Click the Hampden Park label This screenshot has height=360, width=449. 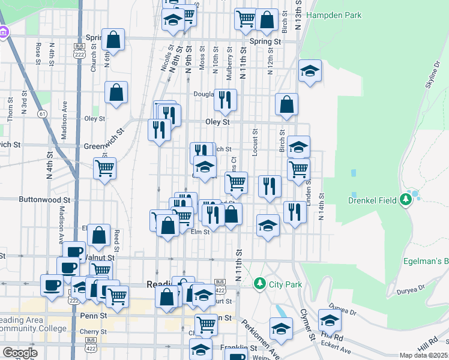334,15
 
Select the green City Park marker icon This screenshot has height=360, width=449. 259,282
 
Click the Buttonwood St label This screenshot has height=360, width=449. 45,200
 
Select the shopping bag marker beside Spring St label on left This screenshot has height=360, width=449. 113,40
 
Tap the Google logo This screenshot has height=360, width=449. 20,353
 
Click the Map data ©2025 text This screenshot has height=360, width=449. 424,356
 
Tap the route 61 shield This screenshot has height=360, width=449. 41,113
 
